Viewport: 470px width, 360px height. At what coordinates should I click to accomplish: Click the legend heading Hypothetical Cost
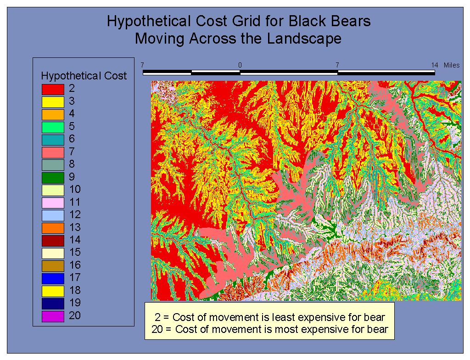[x=84, y=76]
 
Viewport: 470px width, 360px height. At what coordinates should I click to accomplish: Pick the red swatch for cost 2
[x=53, y=90]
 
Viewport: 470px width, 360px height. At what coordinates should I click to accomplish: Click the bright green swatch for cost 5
[x=53, y=127]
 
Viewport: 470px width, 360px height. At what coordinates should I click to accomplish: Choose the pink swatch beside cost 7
[x=53, y=152]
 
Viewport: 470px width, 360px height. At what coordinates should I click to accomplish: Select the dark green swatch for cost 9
[x=53, y=178]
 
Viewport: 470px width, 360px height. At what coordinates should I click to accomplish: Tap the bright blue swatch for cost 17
[x=53, y=278]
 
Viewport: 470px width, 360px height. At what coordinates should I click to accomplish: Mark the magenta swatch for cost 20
[x=53, y=316]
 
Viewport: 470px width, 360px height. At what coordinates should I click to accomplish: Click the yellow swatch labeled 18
[x=53, y=291]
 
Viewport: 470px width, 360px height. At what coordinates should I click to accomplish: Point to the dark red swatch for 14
[x=53, y=241]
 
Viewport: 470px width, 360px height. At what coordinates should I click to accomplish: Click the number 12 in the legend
[x=75, y=214]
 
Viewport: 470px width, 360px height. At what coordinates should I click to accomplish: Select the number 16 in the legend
[x=75, y=265]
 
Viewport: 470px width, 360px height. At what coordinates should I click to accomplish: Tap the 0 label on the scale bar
[x=240, y=65]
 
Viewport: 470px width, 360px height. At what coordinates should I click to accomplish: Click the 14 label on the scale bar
[x=435, y=65]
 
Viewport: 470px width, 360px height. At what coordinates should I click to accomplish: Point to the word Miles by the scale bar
[x=452, y=65]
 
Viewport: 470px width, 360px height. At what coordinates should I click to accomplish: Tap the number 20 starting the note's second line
[x=157, y=329]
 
